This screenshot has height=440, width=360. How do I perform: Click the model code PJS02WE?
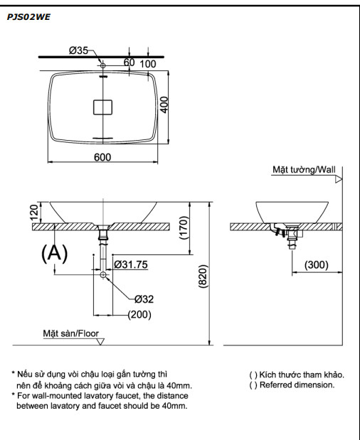click(28, 15)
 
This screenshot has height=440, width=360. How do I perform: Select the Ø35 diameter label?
click(79, 50)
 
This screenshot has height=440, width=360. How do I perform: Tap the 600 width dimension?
click(103, 157)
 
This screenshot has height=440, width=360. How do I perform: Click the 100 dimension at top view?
click(147, 64)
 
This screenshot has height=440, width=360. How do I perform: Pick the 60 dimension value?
click(129, 63)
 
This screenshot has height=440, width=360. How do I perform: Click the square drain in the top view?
click(103, 107)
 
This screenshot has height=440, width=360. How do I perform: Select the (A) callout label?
click(55, 254)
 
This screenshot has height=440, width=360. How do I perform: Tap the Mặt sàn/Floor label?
click(70, 333)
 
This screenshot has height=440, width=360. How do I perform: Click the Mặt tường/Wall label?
click(304, 170)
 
